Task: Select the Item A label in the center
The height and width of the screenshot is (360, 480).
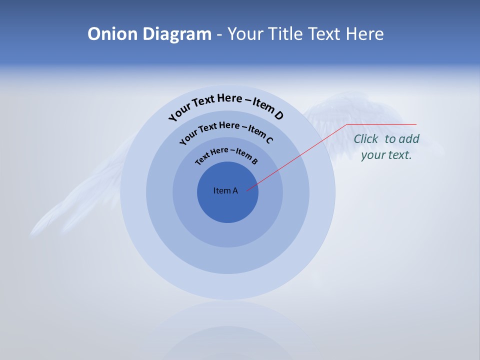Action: coord(225,190)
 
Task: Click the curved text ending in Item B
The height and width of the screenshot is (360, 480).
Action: coord(226,155)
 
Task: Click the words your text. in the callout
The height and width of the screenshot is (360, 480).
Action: coord(386,155)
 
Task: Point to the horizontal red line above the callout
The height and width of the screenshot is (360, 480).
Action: coord(381,124)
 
